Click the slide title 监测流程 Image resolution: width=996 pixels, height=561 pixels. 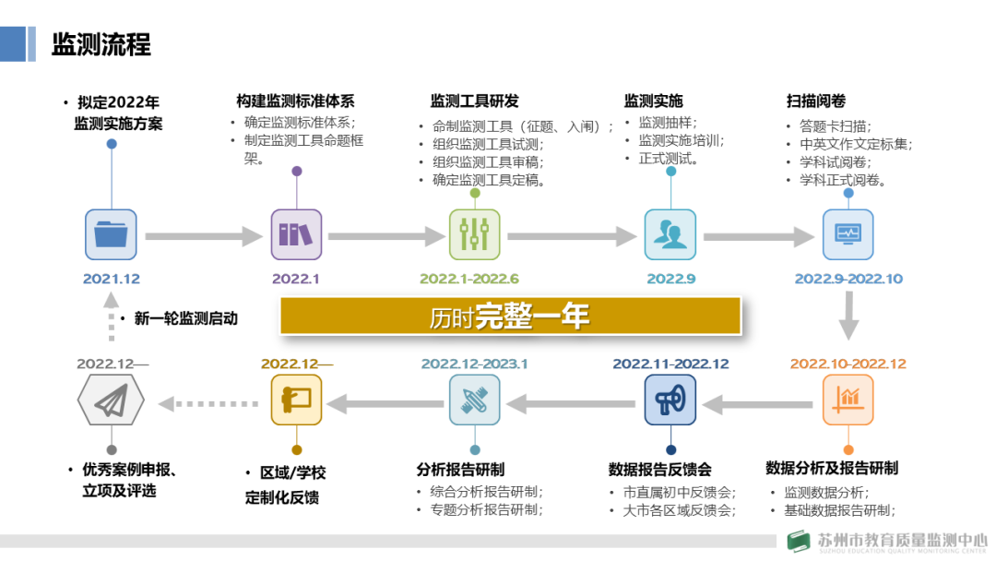tap(101, 44)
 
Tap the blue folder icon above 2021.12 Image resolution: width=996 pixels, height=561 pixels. tap(111, 234)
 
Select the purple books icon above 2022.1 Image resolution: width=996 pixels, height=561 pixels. tap(296, 234)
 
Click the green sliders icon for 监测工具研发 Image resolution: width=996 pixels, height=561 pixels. tap(475, 234)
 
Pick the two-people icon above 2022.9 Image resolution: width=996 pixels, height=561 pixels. tap(670, 234)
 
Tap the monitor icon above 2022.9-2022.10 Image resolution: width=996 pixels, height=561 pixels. tap(848, 234)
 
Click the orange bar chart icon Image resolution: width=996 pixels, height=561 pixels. tap(848, 400)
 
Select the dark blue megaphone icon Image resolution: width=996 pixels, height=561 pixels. tap(670, 400)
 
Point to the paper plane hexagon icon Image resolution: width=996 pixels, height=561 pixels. tap(111, 400)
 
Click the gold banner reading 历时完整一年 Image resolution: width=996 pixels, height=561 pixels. tap(510, 316)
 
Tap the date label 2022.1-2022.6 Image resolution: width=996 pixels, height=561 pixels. tap(469, 279)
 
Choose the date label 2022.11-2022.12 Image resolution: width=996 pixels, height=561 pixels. tap(670, 364)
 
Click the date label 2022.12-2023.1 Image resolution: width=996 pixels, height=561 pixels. tap(474, 364)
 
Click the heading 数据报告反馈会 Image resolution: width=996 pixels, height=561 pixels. tap(660, 469)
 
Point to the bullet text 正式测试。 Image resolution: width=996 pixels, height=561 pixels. tap(669, 159)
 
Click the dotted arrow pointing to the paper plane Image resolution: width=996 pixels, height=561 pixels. tap(207, 402)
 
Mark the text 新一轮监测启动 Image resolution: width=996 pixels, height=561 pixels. tap(185, 318)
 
